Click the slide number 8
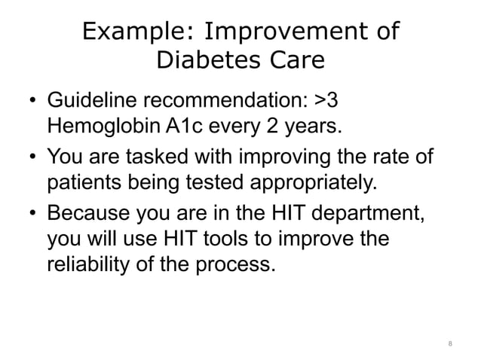click(449, 345)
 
